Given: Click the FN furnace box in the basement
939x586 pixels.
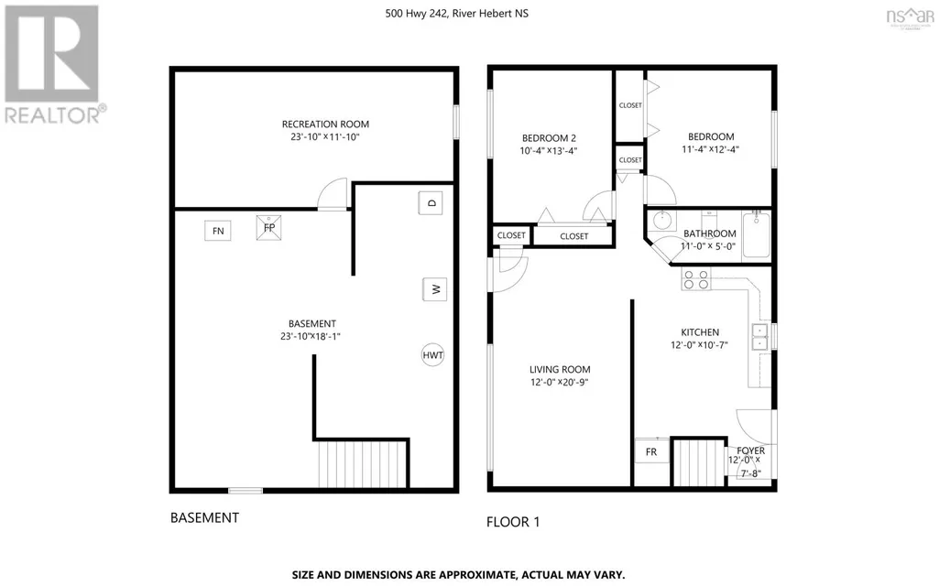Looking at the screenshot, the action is tap(218, 231).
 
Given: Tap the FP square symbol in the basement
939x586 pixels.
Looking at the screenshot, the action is tap(269, 227).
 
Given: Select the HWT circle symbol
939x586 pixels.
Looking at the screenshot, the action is tap(433, 355).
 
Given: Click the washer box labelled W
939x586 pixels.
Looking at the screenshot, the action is tap(435, 289).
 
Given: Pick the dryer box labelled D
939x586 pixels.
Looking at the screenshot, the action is tap(431, 203).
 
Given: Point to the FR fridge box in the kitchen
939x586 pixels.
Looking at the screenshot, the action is tap(651, 450).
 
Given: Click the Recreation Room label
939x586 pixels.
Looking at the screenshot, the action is tap(326, 124).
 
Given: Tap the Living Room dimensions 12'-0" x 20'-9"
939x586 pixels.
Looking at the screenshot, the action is tap(560, 383).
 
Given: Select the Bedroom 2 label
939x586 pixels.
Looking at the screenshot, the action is tap(549, 138).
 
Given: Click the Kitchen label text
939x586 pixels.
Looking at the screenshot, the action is tap(700, 332).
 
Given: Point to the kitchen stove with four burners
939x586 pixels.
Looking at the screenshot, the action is tap(696, 279).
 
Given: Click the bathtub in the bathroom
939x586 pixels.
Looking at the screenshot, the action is tap(757, 234).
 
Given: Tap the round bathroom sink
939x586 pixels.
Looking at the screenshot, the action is tap(661, 221).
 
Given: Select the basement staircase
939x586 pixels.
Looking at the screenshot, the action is tap(363, 465).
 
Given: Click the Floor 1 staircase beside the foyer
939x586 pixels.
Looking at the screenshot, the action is tap(700, 463).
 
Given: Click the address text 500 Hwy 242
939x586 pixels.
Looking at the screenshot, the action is tap(416, 13).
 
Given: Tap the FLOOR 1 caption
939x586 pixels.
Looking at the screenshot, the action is tap(513, 522).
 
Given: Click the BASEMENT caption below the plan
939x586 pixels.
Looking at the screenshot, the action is tap(205, 517).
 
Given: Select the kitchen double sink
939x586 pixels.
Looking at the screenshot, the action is tap(760, 336).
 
